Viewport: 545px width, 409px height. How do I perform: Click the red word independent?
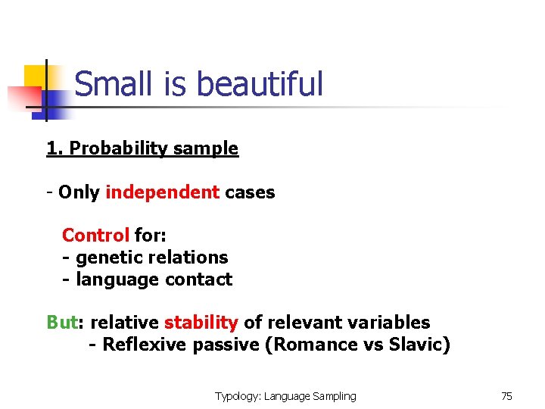pos(163,192)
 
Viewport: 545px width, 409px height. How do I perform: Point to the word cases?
pos(250,192)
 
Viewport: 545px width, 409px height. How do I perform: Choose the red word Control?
pos(95,236)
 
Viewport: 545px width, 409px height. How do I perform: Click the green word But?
pos(62,323)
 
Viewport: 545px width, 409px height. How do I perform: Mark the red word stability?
pos(201,323)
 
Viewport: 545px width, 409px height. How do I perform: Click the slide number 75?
pos(506,395)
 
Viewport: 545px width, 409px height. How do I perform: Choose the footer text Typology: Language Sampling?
pos(285,395)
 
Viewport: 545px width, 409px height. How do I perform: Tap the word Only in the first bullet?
pos(79,192)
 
